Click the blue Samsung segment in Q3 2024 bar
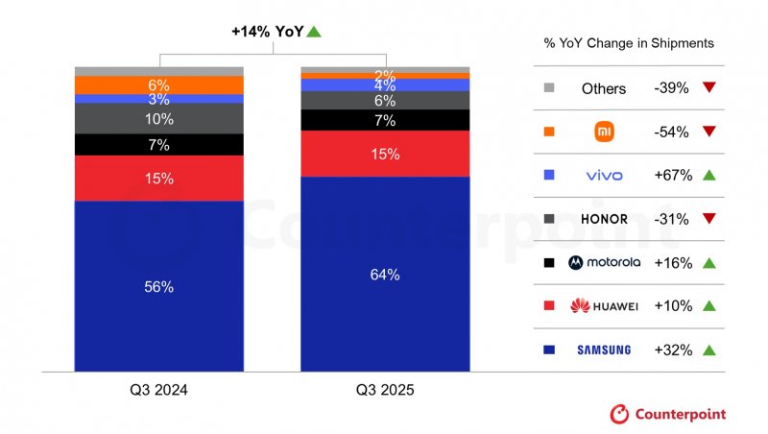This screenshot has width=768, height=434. click(159, 286)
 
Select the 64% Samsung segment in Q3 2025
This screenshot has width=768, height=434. click(385, 275)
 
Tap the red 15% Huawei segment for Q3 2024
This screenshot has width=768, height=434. click(159, 178)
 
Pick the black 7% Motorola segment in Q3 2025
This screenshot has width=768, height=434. click(385, 120)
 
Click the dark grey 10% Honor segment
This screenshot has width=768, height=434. click(159, 118)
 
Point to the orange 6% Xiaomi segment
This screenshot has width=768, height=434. click(159, 85)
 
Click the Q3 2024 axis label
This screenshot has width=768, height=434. click(159, 391)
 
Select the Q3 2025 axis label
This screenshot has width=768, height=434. click(385, 391)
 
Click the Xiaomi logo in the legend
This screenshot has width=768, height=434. click(604, 132)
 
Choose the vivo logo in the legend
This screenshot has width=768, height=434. click(604, 176)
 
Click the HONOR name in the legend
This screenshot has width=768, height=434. click(604, 219)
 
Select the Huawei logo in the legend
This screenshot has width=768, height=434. click(604, 306)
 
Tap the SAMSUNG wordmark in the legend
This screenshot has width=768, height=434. click(604, 350)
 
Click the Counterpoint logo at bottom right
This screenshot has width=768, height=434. click(668, 414)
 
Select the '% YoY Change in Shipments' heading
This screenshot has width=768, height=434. click(628, 44)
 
